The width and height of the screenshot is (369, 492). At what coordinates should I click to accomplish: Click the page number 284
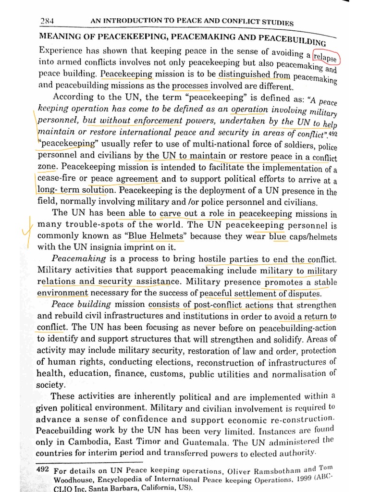point(48,21)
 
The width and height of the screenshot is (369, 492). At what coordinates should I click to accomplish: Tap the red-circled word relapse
point(326,57)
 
